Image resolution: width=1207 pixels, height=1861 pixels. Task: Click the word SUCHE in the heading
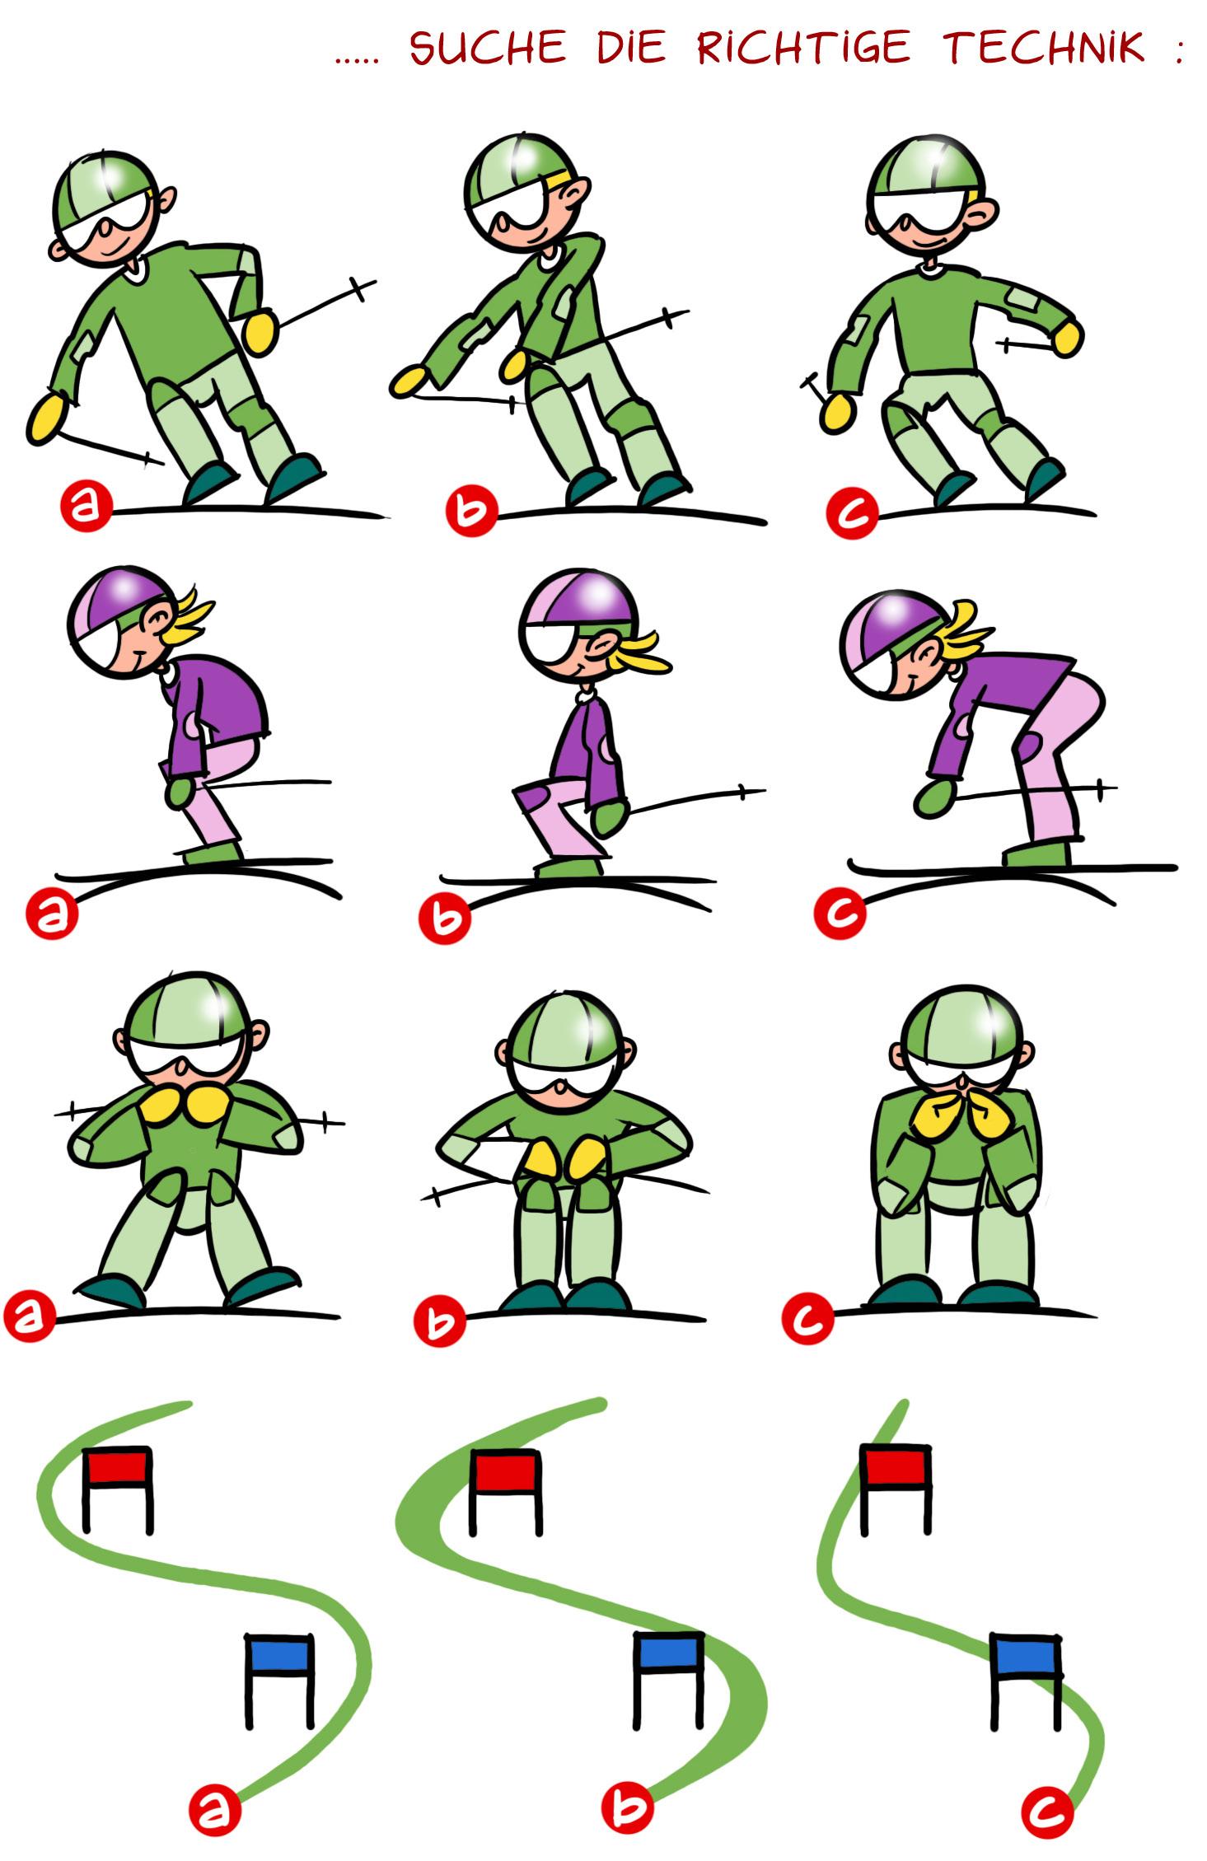coord(488,48)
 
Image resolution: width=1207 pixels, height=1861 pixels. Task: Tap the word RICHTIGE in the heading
coord(803,47)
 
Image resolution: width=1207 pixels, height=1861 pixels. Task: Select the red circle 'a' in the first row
coord(85,507)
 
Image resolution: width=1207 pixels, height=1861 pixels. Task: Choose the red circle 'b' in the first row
coord(470,512)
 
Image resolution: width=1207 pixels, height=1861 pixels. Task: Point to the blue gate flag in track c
coord(1025,1658)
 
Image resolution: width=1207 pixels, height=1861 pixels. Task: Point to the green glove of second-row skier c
coord(936,797)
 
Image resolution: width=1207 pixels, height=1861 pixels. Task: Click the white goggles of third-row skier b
coord(559,1073)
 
